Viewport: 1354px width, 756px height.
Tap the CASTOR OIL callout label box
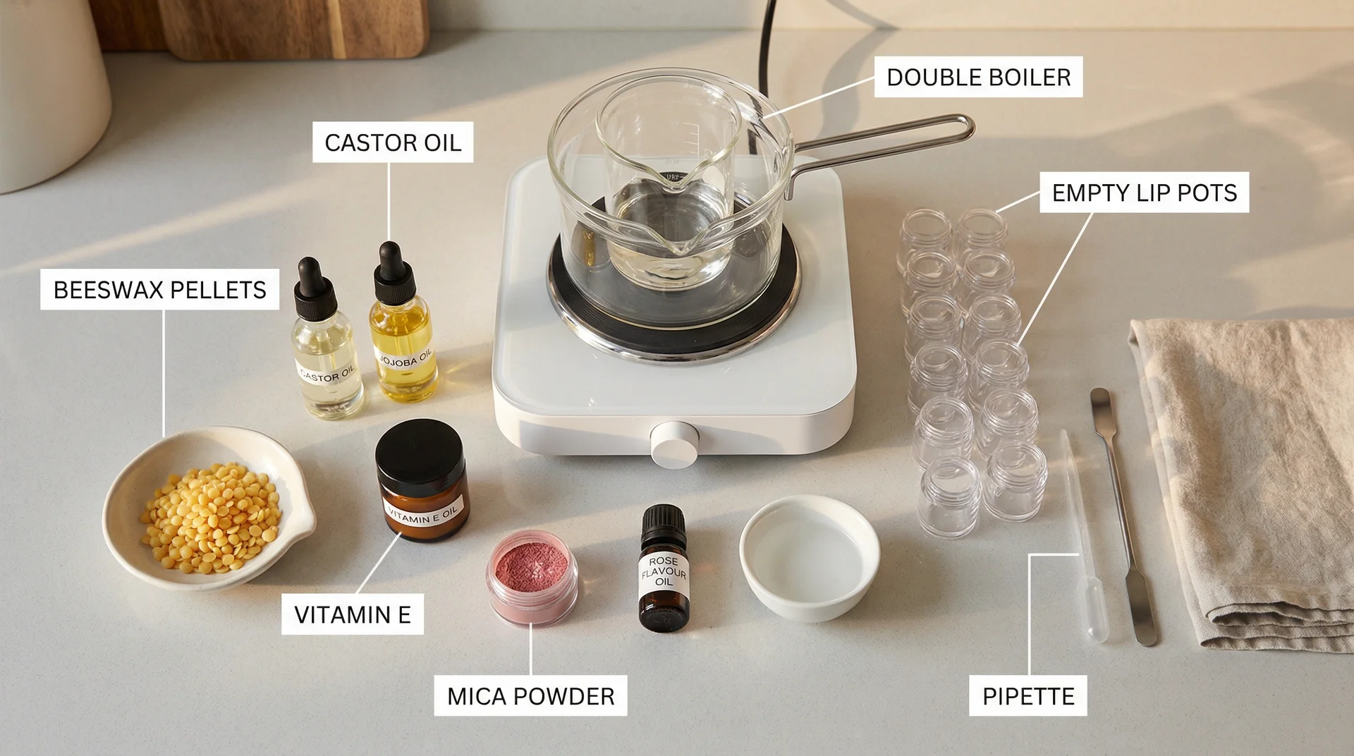(x=393, y=142)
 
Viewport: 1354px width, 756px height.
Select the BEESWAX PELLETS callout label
(x=159, y=290)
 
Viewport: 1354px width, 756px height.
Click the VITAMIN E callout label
(x=353, y=614)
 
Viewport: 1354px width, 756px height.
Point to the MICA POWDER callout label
(x=530, y=696)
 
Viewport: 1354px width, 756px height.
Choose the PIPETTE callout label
(x=1027, y=696)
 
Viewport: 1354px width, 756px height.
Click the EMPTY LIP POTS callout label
(x=1144, y=193)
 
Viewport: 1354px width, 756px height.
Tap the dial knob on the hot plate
(x=671, y=444)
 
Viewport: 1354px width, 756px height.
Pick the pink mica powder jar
(x=532, y=578)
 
